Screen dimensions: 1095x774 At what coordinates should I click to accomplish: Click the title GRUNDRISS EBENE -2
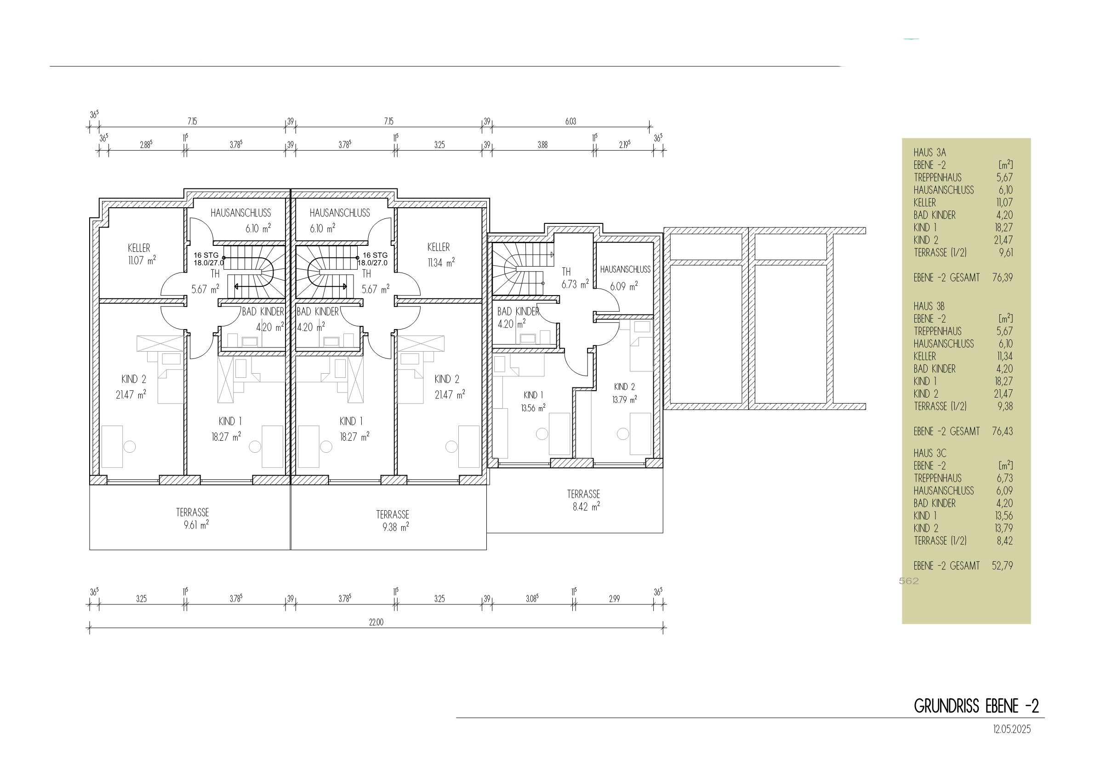(x=976, y=706)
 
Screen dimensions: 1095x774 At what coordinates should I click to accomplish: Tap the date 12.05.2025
(x=1012, y=729)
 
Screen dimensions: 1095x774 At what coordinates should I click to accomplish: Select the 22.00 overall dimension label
(x=376, y=622)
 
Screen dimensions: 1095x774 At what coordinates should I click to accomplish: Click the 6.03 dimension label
(x=571, y=122)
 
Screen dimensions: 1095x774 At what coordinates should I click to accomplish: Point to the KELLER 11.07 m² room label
(x=142, y=254)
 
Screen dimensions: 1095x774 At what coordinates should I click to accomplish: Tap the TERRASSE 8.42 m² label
(x=584, y=500)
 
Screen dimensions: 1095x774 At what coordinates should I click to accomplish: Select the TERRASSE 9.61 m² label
(x=193, y=519)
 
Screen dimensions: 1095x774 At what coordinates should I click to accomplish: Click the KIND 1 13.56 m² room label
(x=533, y=402)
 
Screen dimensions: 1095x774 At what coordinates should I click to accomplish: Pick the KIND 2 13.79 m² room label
(x=624, y=393)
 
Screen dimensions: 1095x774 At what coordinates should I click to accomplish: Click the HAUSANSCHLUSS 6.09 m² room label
(x=625, y=278)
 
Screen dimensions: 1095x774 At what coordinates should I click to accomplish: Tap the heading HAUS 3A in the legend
(x=930, y=153)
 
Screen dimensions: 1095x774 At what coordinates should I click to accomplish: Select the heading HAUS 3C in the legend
(x=930, y=453)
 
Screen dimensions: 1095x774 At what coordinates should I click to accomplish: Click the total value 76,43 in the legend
(x=1003, y=431)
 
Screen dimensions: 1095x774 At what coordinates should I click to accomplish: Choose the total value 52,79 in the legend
(x=1003, y=566)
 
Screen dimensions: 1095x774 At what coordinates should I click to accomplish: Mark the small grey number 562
(x=908, y=581)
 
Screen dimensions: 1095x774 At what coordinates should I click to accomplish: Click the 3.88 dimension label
(x=543, y=145)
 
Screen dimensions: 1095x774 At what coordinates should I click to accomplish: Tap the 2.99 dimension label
(x=614, y=599)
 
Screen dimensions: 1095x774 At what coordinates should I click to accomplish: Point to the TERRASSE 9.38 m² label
(x=393, y=521)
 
